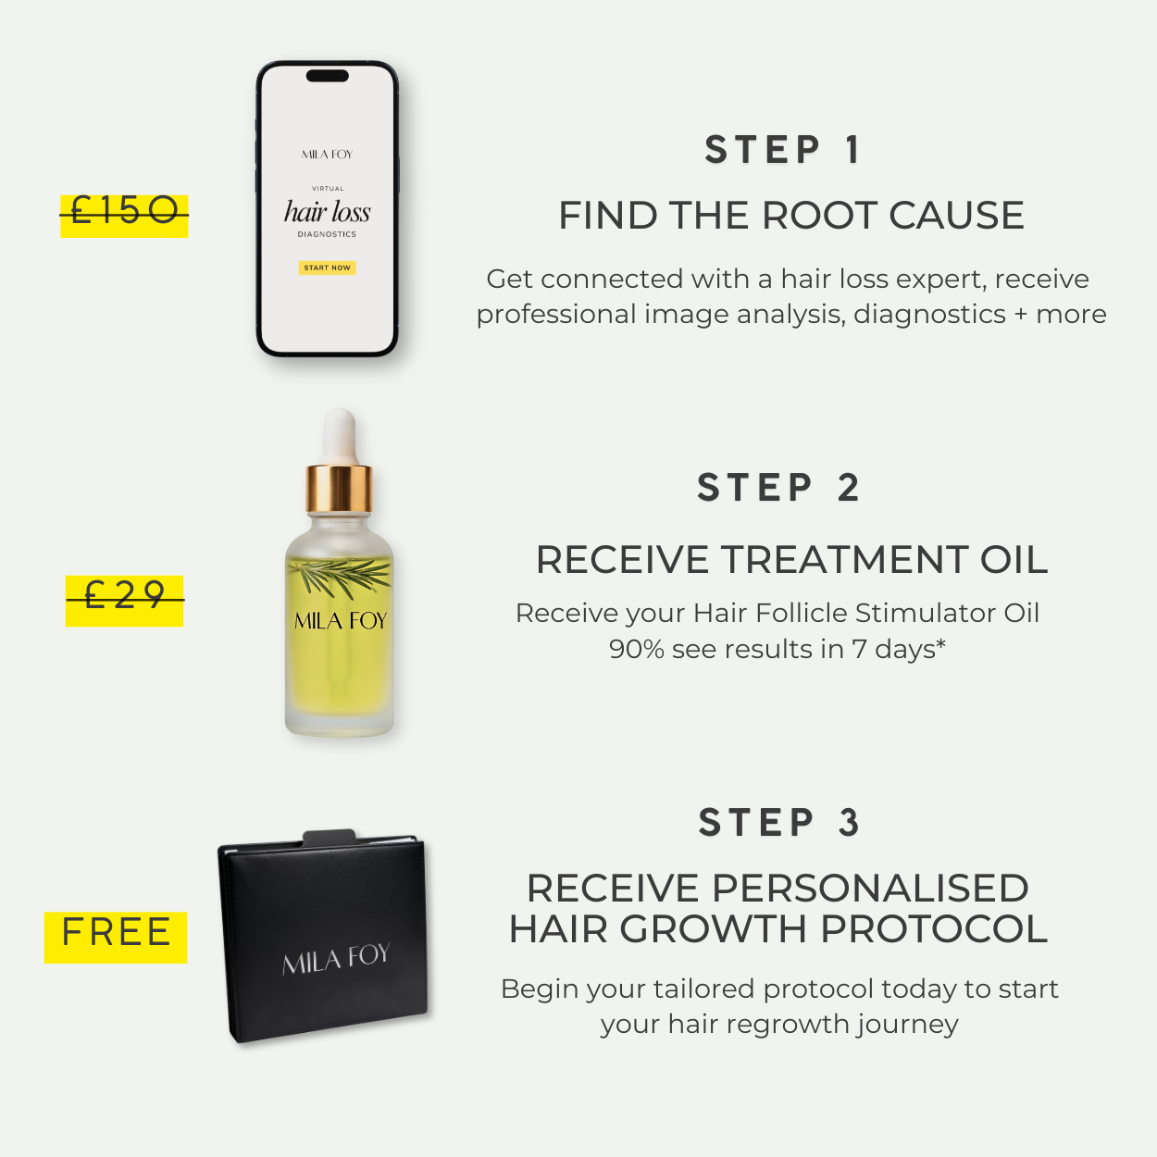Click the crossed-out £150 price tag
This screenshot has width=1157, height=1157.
[124, 215]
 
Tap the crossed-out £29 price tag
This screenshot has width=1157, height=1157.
[124, 599]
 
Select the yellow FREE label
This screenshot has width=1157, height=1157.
[116, 936]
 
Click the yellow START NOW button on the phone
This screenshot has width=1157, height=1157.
[328, 267]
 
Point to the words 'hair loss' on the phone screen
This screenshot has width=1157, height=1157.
[328, 212]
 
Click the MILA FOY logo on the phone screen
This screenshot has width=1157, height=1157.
[328, 155]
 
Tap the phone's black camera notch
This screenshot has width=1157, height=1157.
[328, 76]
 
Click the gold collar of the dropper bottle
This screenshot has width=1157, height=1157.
[339, 488]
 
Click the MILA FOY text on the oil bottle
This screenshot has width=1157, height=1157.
[340, 621]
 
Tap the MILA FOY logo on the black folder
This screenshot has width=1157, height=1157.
[336, 959]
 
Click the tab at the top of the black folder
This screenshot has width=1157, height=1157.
[330, 837]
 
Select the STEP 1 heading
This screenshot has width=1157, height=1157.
[783, 150]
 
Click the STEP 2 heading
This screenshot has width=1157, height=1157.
[779, 488]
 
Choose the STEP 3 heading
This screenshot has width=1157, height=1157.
[779, 823]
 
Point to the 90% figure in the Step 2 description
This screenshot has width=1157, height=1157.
[637, 650]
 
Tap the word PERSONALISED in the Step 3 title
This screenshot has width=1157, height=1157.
[870, 889]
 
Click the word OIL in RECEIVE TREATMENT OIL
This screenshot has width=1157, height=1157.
[1014, 560]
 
